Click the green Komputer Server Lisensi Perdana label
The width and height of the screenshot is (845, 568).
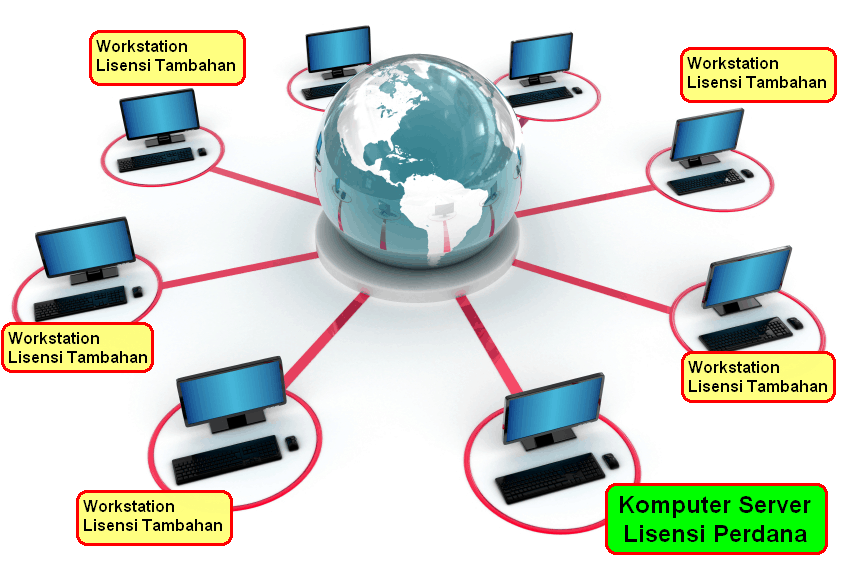716,519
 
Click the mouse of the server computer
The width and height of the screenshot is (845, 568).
611,461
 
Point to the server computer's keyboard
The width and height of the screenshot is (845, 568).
550,478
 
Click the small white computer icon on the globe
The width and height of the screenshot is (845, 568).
444,210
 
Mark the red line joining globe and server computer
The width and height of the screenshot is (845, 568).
489,343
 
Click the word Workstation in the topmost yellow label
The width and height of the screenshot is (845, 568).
142,46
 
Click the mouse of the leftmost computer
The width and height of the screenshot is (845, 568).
137,292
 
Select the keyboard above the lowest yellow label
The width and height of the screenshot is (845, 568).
227,459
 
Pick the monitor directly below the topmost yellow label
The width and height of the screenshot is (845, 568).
160,117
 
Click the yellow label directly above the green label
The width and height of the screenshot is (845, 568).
758,377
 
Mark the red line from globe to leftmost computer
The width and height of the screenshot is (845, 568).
240,268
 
